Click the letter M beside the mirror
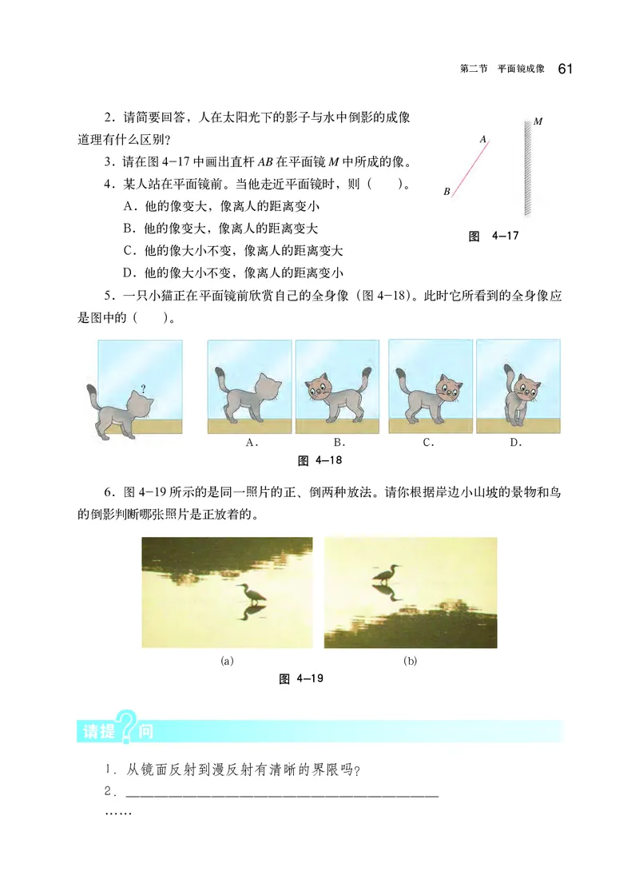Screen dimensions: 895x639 538,122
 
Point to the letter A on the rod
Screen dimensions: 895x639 483,139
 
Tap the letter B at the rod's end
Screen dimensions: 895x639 447,192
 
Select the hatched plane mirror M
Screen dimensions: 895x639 528,168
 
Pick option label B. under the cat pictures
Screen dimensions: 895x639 339,443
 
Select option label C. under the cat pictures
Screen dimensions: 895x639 429,443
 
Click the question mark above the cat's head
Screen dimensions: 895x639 143,389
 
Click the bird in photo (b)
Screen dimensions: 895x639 386,574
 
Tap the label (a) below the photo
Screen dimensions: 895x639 227,661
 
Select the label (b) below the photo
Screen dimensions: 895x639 411,661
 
